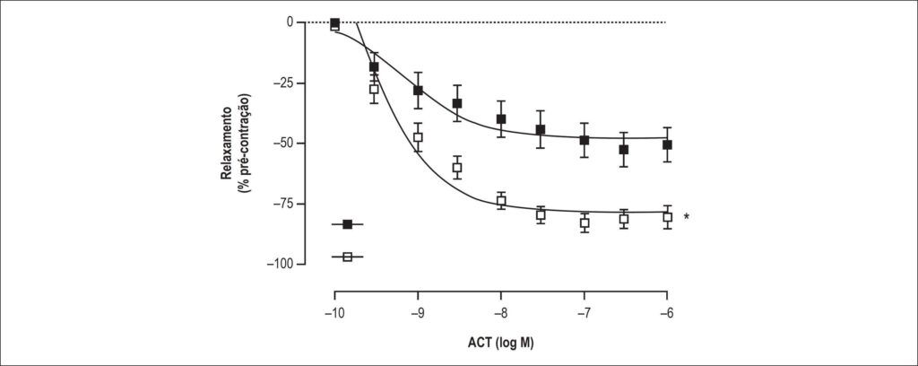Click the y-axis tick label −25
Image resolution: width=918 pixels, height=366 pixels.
click(x=284, y=83)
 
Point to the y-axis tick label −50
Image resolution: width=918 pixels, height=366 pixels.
click(x=284, y=144)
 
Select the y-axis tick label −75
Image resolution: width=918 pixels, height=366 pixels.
click(x=284, y=204)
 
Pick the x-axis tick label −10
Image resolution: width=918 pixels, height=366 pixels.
click(x=333, y=314)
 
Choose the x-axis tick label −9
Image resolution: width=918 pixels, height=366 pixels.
click(x=417, y=314)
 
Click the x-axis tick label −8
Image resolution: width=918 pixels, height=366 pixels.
click(x=500, y=314)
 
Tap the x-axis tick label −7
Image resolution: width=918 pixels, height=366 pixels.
click(x=583, y=314)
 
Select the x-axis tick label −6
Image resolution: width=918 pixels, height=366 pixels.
click(x=666, y=314)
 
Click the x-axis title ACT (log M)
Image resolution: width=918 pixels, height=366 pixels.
click(x=500, y=343)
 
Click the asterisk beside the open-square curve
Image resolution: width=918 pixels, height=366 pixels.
click(x=686, y=217)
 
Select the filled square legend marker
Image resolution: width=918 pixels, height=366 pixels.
click(x=347, y=224)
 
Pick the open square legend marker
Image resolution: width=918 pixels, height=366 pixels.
click(x=347, y=257)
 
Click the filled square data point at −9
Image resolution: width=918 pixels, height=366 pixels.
click(x=418, y=91)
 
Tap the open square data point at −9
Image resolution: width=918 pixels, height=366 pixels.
click(x=418, y=137)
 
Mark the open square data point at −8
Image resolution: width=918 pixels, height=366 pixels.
click(x=501, y=201)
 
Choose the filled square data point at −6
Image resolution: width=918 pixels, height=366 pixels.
click(x=667, y=144)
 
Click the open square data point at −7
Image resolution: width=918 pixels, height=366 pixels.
click(x=585, y=223)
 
